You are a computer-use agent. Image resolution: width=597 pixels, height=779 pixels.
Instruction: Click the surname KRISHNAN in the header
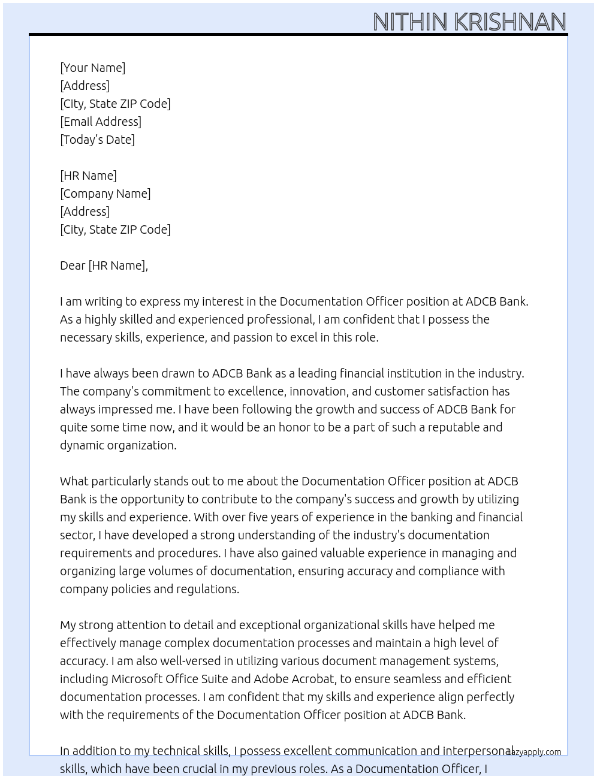click(510, 22)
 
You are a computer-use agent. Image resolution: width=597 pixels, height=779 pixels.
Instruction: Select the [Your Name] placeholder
click(93, 68)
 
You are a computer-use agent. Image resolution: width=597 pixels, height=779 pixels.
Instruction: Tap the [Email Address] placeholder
click(101, 122)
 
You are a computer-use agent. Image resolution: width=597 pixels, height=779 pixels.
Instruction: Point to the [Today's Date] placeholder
click(97, 140)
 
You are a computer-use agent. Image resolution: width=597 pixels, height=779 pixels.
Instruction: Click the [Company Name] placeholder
click(105, 194)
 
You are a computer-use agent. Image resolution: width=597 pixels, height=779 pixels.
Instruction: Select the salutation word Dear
click(73, 265)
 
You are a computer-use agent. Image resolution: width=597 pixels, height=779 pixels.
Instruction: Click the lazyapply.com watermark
click(534, 752)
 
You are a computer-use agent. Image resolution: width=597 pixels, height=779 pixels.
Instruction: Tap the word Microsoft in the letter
click(137, 679)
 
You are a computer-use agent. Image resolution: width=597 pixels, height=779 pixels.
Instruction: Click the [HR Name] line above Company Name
click(89, 176)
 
